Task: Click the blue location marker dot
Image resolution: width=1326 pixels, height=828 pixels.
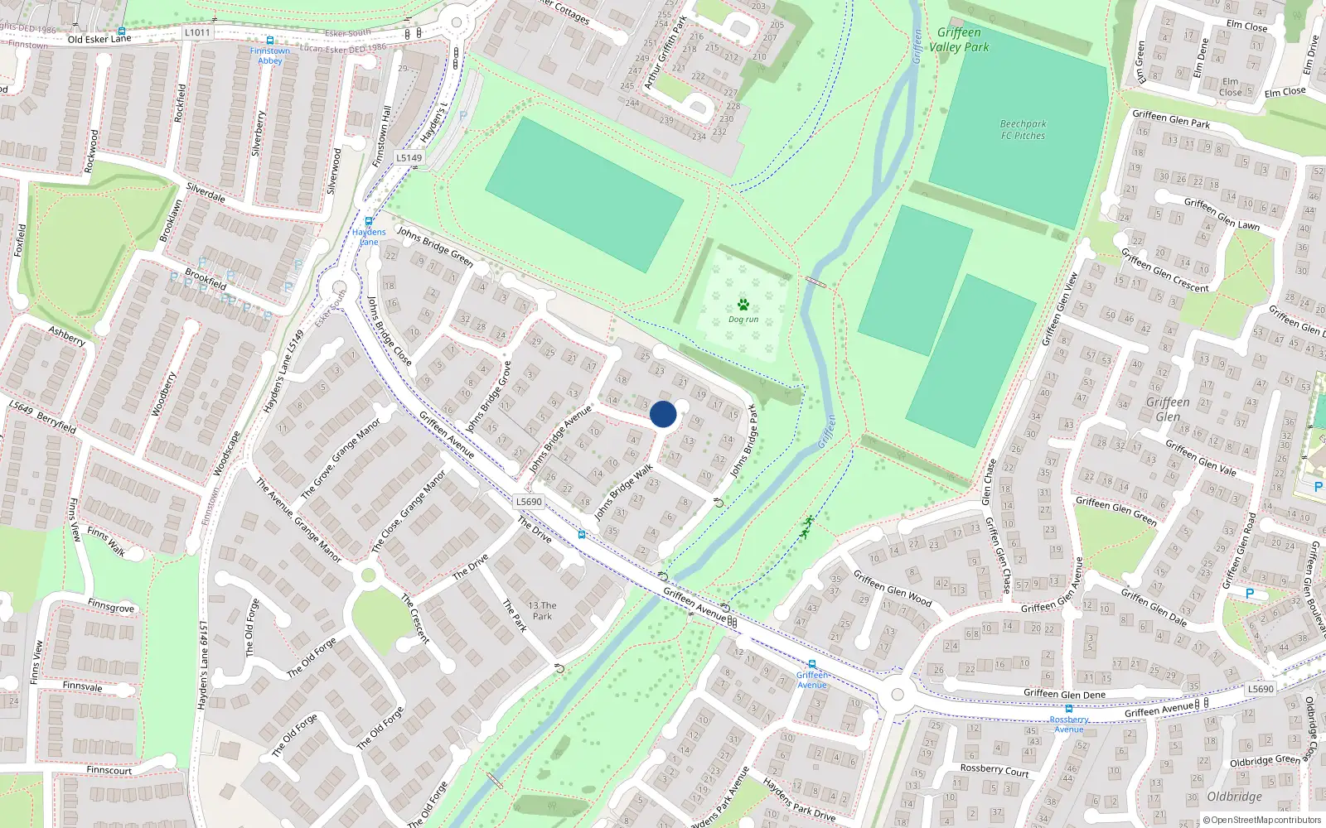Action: (x=663, y=414)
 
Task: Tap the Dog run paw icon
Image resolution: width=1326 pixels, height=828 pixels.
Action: (x=743, y=305)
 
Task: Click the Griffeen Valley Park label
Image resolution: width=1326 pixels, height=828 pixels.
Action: (x=959, y=40)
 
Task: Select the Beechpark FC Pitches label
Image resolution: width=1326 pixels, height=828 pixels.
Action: (x=1023, y=130)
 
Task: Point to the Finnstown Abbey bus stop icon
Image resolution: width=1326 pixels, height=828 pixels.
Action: (x=270, y=40)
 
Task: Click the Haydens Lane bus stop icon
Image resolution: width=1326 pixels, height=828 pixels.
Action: (x=369, y=222)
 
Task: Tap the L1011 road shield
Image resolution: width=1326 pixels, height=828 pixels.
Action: (x=197, y=32)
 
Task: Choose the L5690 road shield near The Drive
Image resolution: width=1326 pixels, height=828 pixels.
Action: (x=529, y=502)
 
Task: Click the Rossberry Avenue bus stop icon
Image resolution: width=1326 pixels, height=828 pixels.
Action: (x=1069, y=709)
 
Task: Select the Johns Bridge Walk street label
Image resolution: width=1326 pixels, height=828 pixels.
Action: (x=623, y=493)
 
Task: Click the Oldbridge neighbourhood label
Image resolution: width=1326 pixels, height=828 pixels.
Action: (x=1234, y=797)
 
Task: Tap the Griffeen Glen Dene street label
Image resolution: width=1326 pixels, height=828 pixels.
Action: (x=1064, y=694)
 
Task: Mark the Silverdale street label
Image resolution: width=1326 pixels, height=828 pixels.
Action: (x=206, y=192)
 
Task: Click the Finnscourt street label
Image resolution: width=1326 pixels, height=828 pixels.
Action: (x=109, y=770)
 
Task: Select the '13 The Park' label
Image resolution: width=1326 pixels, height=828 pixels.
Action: (x=542, y=610)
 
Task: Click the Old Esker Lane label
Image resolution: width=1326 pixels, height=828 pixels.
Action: (x=99, y=39)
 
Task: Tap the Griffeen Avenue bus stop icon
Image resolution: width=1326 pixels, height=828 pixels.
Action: (x=812, y=664)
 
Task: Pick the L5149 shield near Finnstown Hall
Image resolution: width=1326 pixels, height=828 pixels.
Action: (x=409, y=157)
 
